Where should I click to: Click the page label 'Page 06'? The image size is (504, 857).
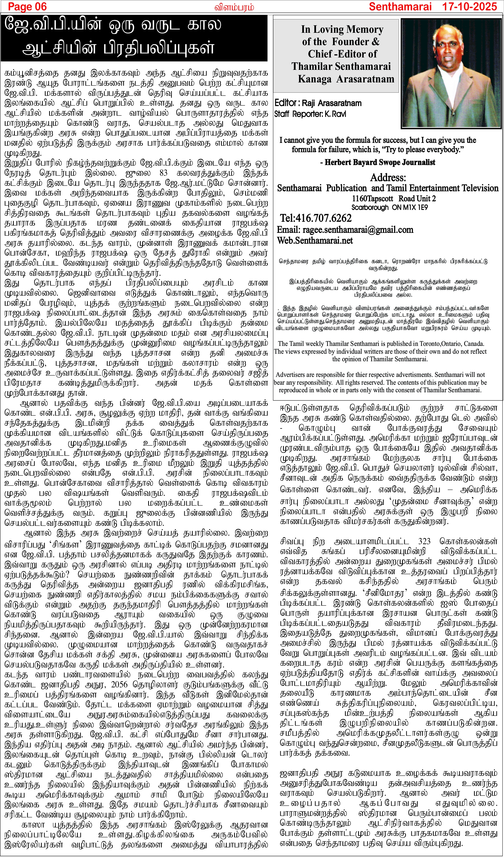click(x=27, y=7)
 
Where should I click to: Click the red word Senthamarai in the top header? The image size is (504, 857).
click(x=400, y=7)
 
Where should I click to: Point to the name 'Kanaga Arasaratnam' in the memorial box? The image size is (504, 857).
click(x=346, y=79)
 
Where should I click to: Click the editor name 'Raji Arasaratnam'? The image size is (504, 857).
click(x=332, y=103)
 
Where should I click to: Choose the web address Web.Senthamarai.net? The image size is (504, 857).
click(x=315, y=240)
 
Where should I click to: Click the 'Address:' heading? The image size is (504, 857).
click(x=388, y=177)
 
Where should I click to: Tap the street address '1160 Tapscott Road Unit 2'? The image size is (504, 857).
click(x=393, y=198)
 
